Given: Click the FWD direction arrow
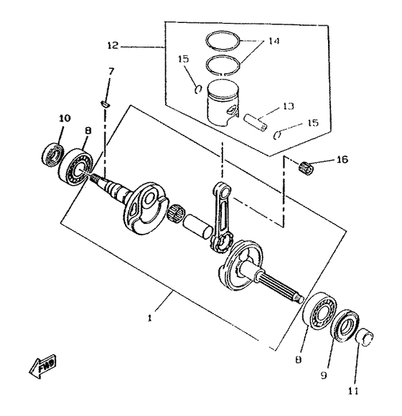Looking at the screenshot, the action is point(42,366).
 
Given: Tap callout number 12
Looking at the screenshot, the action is point(113,45).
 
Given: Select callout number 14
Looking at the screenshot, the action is point(274,41).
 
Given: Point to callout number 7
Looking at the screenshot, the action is point(111,71).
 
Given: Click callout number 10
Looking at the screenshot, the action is point(65,118).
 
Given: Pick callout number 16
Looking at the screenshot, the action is point(342,159).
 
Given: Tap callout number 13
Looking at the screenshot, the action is point(289,106).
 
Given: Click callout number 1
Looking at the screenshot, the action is point(150,318).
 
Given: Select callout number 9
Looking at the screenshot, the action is point(324,375).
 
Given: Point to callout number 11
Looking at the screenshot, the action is point(353,391).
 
